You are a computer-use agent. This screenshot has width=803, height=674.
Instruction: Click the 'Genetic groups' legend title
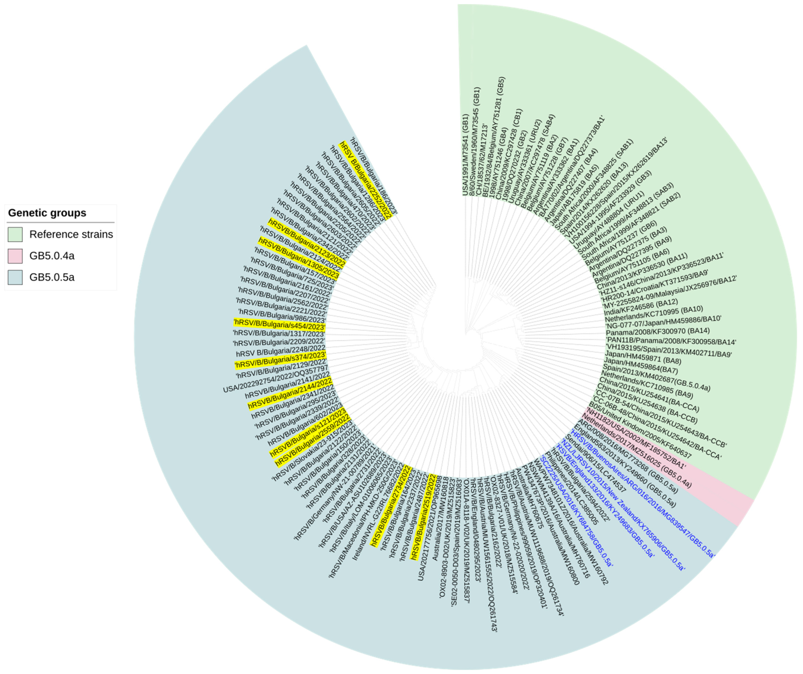(47, 213)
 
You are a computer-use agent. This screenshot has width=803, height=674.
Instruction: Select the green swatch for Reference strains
(15, 234)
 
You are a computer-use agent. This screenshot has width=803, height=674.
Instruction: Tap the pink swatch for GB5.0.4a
(15, 256)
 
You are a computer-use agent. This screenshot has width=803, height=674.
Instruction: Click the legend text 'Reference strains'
(71, 234)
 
